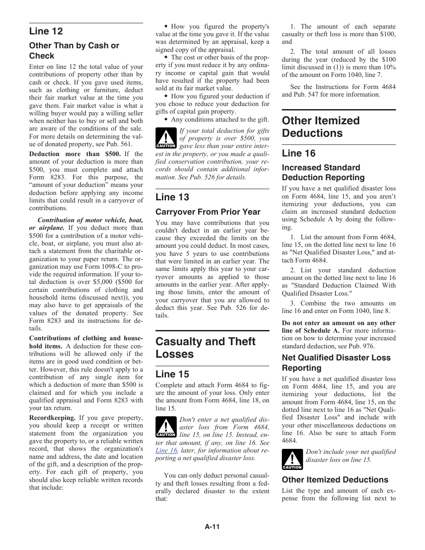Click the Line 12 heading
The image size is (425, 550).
tap(46, 31)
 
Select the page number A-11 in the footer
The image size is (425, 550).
tap(212, 527)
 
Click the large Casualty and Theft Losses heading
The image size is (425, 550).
tap(205, 348)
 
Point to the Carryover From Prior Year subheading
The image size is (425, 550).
tap(208, 212)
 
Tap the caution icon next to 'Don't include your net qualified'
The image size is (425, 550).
tap(292, 459)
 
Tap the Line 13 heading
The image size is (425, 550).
tap(172, 197)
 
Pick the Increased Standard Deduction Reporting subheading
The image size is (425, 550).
tap(323, 173)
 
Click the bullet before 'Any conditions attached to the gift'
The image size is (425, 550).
tap(166, 119)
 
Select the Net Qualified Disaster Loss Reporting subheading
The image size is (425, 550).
tap(336, 363)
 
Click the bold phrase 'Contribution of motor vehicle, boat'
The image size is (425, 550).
tap(90, 220)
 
